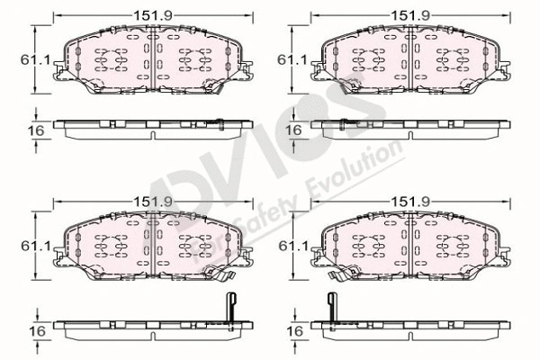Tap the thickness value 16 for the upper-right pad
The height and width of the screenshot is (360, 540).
click(292, 130)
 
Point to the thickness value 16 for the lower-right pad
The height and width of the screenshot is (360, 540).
click(292, 331)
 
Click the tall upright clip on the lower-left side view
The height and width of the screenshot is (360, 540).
click(228, 310)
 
